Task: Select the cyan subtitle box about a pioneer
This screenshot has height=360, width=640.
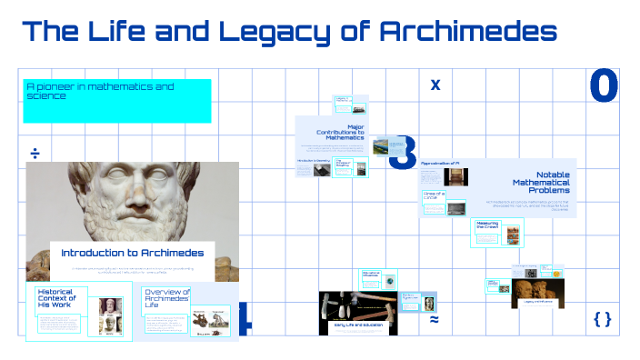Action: coord(117,100)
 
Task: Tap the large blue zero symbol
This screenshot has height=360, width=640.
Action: coord(604,85)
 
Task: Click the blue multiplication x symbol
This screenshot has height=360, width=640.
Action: coord(435,85)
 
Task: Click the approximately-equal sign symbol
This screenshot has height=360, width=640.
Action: coord(435,320)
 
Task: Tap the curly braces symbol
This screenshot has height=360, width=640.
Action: coord(602,319)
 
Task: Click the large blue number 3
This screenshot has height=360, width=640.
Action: coord(403,153)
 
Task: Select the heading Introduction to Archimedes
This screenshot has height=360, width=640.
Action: coord(133,253)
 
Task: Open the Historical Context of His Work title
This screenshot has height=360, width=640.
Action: coord(56,298)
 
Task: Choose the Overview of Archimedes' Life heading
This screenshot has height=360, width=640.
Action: coord(166,298)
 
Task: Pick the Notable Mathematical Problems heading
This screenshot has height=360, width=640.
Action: coord(545,182)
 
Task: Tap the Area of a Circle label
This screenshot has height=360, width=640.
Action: coord(433,195)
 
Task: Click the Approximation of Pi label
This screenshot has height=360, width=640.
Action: coord(445,164)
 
